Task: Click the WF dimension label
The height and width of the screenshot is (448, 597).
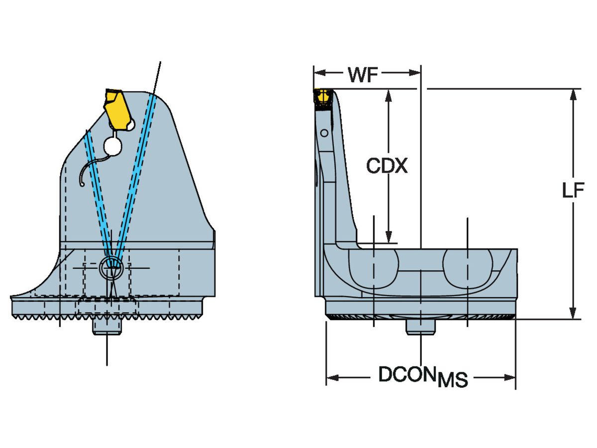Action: [x=363, y=76]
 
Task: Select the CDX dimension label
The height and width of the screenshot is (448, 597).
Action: [x=387, y=166]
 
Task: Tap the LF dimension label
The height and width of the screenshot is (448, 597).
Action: [x=573, y=191]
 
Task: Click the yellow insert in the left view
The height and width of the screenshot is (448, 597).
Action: [x=118, y=109]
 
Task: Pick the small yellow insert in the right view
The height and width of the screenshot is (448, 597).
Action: [x=323, y=97]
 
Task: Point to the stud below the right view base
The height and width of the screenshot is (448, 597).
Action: [x=421, y=327]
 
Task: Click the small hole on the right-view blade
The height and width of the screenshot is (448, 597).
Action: [x=324, y=133]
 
